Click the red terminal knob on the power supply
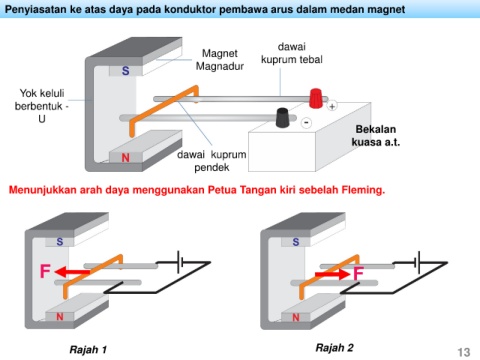tap(316, 98)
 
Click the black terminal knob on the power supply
tap(282, 117)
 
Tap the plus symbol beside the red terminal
tap(332, 106)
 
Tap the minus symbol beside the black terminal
tap(306, 123)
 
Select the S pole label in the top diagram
tap(126, 71)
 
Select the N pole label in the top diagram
tap(126, 157)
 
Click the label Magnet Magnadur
tap(220, 60)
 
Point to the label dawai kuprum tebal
tap(292, 53)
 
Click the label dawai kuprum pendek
tap(212, 161)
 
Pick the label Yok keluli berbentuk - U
tap(41, 106)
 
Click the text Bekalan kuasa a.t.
tap(376, 136)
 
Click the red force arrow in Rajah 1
tap(72, 272)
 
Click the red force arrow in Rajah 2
tap(332, 274)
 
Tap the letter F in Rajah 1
tap(45, 271)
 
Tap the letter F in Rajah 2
tap(358, 274)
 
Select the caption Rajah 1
tap(88, 349)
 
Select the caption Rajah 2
tap(334, 348)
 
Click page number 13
tap(464, 352)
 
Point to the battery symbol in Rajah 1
tap(180, 262)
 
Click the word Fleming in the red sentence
tap(363, 190)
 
